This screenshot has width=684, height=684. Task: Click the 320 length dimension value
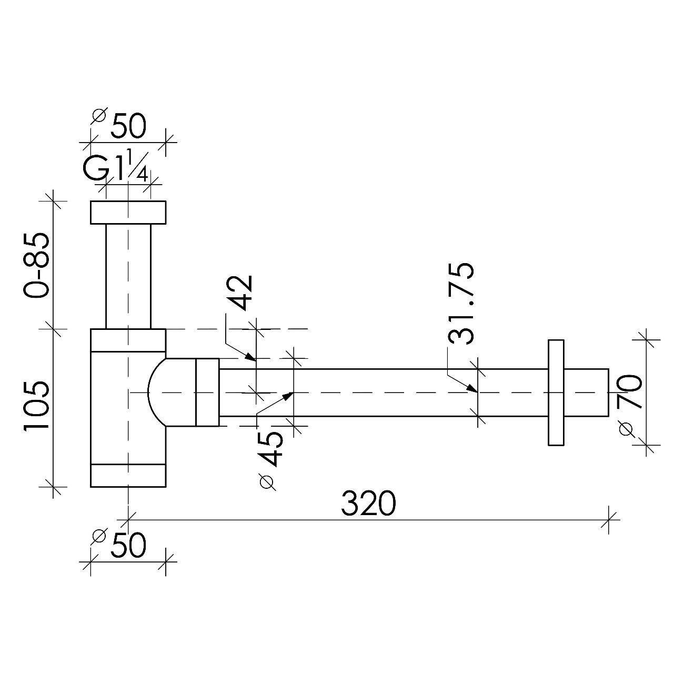pos(368,504)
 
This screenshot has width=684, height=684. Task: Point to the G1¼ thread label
pos(116,168)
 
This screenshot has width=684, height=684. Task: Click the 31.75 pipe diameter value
pos(461,304)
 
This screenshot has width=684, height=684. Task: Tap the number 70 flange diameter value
pos(630,392)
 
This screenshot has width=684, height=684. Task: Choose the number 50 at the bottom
pos(128,545)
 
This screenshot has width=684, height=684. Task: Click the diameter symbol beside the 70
pos(626,429)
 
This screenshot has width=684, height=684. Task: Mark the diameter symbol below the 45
pos(268,481)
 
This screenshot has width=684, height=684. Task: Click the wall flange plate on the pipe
pos(556,392)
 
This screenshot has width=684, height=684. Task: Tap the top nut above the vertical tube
pos(128,213)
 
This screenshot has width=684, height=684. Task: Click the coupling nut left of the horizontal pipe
pos(207,392)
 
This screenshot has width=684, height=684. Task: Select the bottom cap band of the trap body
pos(128,475)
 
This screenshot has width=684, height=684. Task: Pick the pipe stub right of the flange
pos(586,392)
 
